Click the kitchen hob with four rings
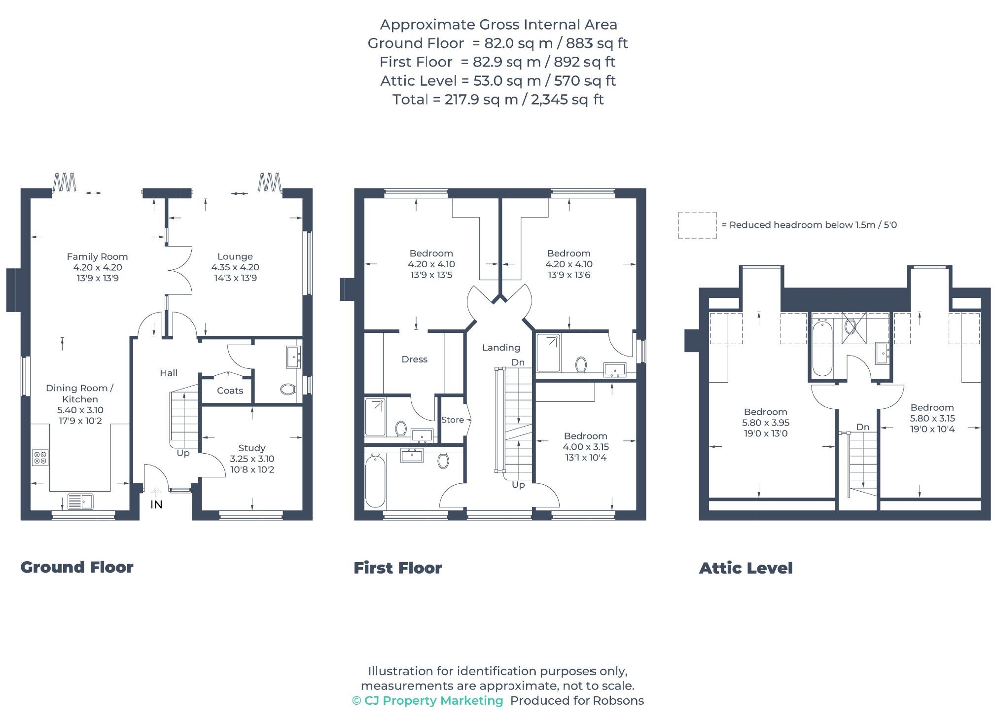pyautogui.click(x=40, y=458)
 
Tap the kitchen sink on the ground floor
pyautogui.click(x=80, y=501)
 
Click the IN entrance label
pyautogui.click(x=156, y=504)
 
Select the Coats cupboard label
pyautogui.click(x=230, y=391)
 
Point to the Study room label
pyautogui.click(x=252, y=448)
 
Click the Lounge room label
pyautogui.click(x=235, y=256)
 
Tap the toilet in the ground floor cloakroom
pyautogui.click(x=287, y=390)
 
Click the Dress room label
pyautogui.click(x=414, y=359)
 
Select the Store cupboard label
pyautogui.click(x=452, y=420)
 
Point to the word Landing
pyautogui.click(x=501, y=348)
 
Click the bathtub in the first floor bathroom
pyautogui.click(x=375, y=481)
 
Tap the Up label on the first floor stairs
pyautogui.click(x=518, y=485)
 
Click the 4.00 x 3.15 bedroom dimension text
pyautogui.click(x=586, y=447)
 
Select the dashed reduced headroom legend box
pyautogui.click(x=697, y=225)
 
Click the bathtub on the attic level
pyautogui.click(x=822, y=348)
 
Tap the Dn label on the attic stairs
pyautogui.click(x=862, y=427)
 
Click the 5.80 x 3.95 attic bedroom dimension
pyautogui.click(x=765, y=423)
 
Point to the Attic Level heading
pyautogui.click(x=746, y=568)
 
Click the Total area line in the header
pyautogui.click(x=497, y=100)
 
